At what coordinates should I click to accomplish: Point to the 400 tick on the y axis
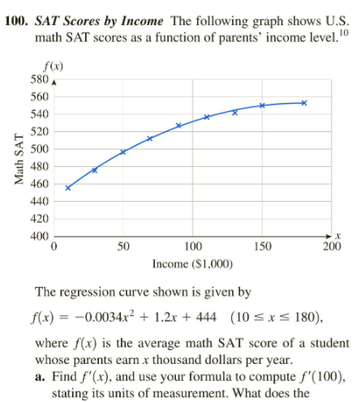click(x=37, y=237)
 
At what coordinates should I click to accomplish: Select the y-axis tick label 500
click(x=37, y=149)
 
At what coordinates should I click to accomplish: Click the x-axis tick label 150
click(x=262, y=247)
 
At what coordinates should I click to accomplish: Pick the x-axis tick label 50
click(x=123, y=247)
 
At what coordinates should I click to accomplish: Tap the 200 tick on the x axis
click(x=331, y=247)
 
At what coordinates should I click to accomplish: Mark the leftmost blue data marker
click(x=68, y=188)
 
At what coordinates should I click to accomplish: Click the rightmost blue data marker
click(x=304, y=103)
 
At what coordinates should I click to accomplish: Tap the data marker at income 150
click(x=263, y=105)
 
